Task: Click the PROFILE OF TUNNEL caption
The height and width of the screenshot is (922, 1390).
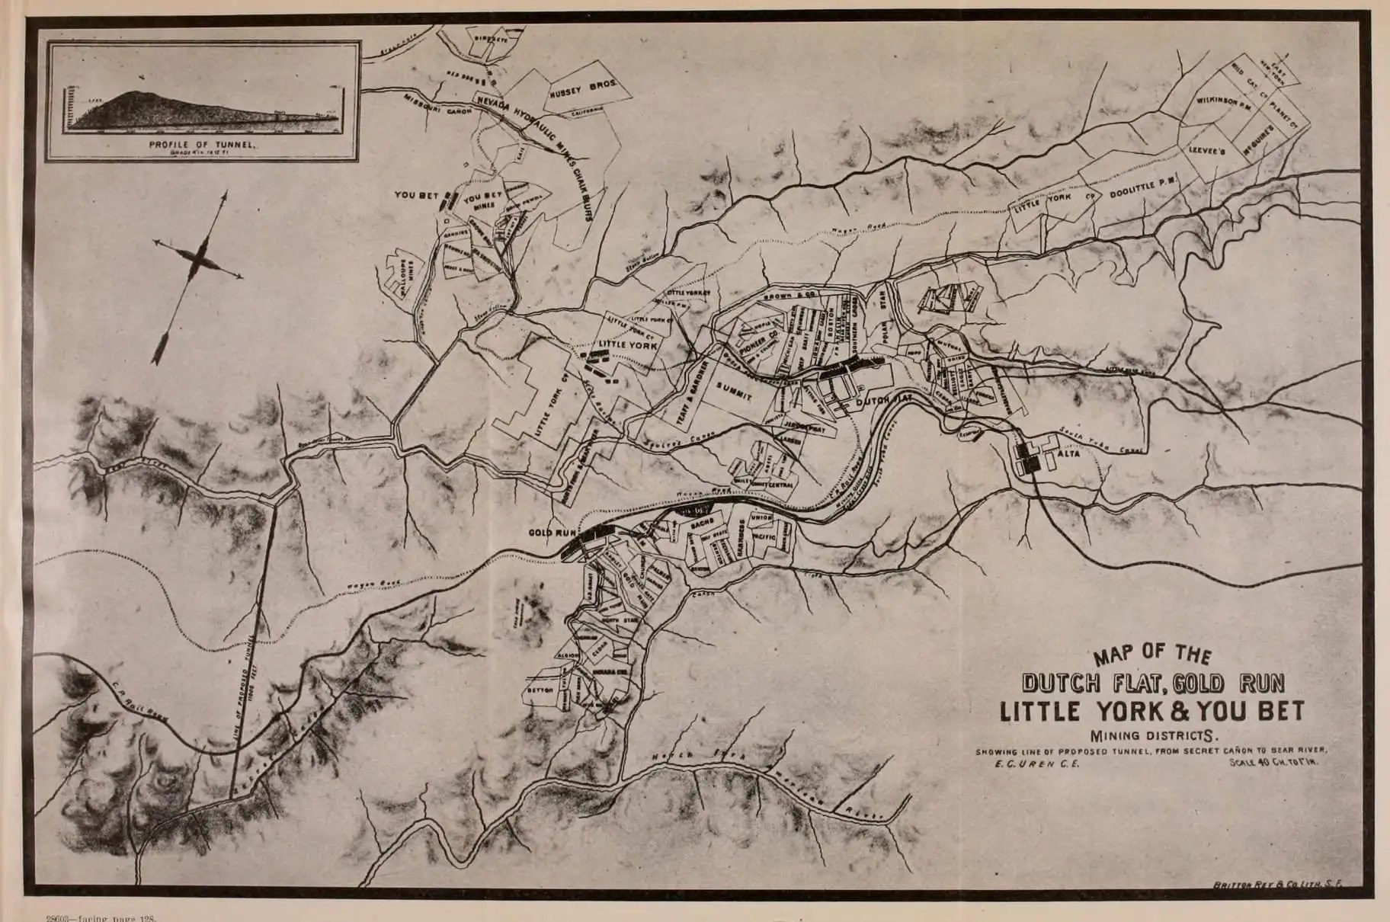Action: tap(201, 143)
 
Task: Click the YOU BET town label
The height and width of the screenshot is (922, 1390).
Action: tap(416, 195)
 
